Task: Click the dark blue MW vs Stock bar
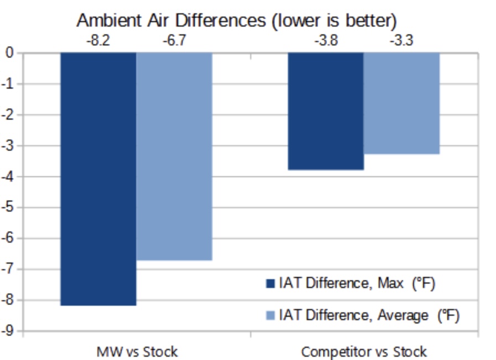[99, 179]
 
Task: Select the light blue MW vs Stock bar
[174, 156]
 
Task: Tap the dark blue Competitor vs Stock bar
[326, 111]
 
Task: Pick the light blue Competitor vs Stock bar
[402, 103]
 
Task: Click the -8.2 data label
[98, 40]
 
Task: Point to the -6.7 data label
[174, 40]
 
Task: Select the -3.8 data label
[326, 40]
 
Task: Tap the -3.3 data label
[401, 40]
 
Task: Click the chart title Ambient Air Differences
[236, 20]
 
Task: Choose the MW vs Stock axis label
[137, 352]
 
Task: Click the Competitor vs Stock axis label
[364, 352]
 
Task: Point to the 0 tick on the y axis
[9, 53]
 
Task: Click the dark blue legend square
[271, 283]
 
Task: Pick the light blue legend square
[271, 315]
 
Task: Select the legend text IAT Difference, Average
[354, 315]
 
